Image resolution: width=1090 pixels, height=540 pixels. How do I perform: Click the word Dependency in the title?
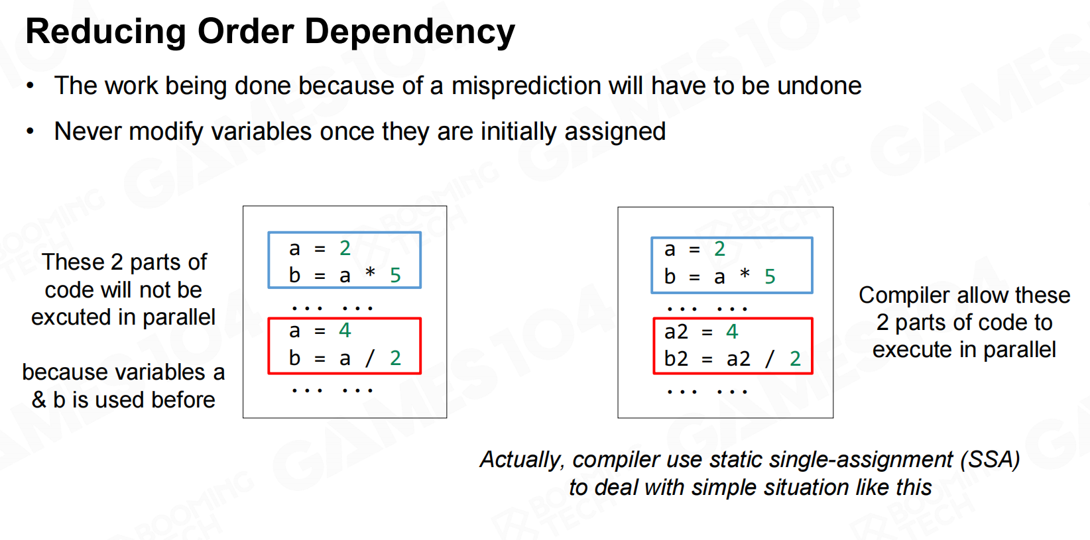tap(410, 32)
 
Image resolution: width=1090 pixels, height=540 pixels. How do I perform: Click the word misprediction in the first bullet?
tap(526, 86)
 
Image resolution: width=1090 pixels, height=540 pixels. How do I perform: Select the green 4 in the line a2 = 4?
tap(732, 332)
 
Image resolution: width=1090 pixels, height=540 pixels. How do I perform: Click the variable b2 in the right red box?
tap(676, 358)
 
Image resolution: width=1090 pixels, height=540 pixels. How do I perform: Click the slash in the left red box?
tap(371, 358)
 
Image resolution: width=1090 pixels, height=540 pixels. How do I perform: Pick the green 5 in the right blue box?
tap(770, 277)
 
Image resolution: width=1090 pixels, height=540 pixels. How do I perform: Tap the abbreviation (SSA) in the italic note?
tap(989, 460)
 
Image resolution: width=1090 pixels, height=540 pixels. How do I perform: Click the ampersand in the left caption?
tap(39, 400)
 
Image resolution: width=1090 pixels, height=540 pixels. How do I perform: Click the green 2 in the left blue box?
tap(345, 248)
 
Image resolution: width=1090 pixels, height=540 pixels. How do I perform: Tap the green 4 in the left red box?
tap(345, 331)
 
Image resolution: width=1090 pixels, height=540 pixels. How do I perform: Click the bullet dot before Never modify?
tap(30, 131)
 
